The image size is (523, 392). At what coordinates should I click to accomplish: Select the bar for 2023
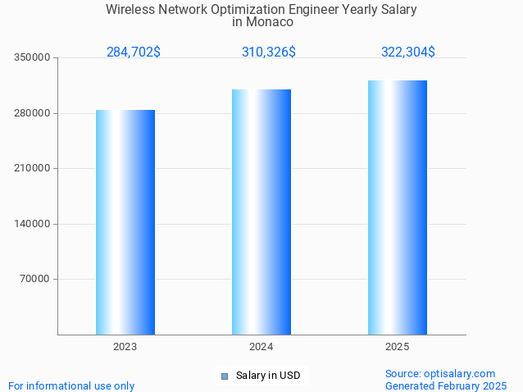click(x=125, y=221)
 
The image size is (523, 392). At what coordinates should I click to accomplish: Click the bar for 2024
click(x=261, y=212)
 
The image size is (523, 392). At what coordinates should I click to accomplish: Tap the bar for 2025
click(x=398, y=207)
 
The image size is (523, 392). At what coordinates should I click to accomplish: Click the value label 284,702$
click(x=134, y=52)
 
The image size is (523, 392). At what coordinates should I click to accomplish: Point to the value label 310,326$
click(x=269, y=52)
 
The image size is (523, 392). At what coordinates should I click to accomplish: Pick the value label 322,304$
click(x=407, y=52)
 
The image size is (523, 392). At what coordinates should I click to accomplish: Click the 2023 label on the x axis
click(x=125, y=347)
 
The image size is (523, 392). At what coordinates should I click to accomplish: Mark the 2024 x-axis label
click(x=261, y=347)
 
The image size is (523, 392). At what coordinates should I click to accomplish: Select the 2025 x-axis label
click(x=398, y=347)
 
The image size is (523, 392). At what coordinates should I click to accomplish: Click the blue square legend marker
click(x=224, y=376)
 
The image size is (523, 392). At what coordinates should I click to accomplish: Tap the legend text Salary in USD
click(x=268, y=376)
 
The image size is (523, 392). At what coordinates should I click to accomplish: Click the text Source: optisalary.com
click(x=440, y=373)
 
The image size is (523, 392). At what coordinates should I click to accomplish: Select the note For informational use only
click(x=71, y=385)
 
